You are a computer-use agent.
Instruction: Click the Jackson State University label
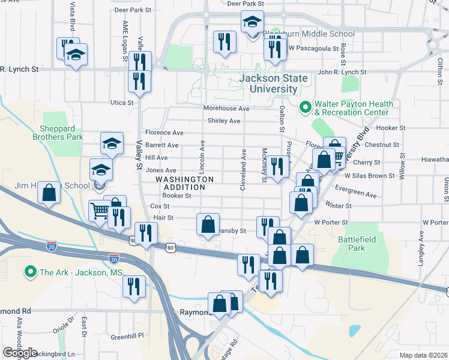click(273, 84)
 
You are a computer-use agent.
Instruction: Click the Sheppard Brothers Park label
click(61, 133)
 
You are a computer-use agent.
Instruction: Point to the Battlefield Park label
click(351, 243)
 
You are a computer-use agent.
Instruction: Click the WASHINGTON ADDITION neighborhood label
click(184, 183)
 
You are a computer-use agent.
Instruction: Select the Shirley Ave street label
click(223, 121)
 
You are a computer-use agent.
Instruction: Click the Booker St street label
click(176, 195)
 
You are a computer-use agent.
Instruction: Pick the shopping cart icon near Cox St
click(100, 210)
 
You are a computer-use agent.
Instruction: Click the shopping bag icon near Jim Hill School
click(49, 193)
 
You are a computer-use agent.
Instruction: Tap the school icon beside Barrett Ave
click(112, 143)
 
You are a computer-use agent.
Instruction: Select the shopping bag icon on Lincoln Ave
click(208, 224)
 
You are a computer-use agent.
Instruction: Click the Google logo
click(20, 353)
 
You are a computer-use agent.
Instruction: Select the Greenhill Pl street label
click(131, 336)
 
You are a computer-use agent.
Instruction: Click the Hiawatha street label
click(434, 160)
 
